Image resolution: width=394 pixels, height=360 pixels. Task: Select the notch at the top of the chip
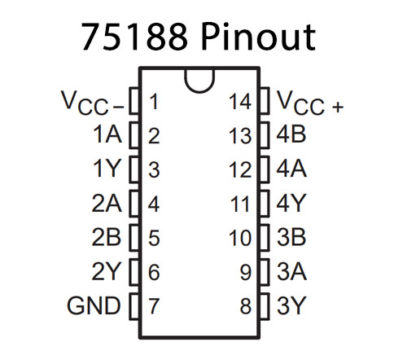[201, 76]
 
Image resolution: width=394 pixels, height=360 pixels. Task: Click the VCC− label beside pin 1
[91, 102]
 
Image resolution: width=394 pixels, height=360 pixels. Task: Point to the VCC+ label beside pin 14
[310, 102]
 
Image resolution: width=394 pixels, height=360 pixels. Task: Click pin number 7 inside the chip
[153, 305]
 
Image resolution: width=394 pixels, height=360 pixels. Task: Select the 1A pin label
[105, 136]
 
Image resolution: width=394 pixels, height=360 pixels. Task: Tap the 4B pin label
[292, 136]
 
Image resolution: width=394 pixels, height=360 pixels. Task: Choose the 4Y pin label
[292, 204]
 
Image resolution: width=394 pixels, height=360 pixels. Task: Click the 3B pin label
[292, 238]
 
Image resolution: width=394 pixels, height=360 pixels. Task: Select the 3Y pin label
[292, 305]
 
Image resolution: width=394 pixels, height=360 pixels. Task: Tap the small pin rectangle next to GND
[130, 305]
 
